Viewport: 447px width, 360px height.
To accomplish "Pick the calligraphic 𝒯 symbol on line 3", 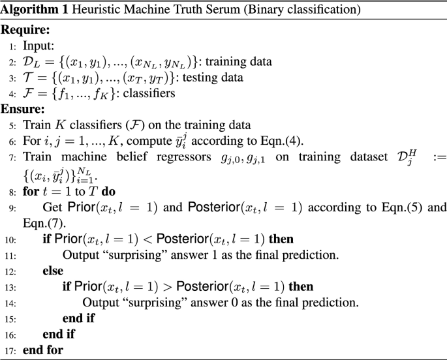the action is point(28,78).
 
